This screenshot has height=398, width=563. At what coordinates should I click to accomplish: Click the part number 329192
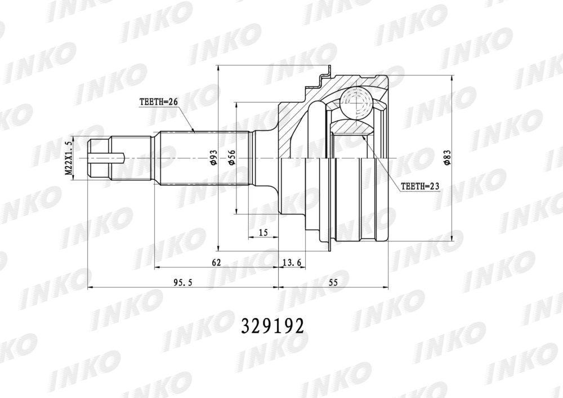[x=272, y=326]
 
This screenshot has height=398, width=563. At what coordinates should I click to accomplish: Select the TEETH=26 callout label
[x=159, y=102]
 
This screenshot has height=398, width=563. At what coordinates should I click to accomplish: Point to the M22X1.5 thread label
[x=69, y=158]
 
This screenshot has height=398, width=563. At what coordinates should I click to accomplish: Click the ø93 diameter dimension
[x=213, y=158]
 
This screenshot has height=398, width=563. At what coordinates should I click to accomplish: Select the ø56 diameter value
[x=232, y=158]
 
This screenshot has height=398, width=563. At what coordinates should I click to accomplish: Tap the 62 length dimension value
[x=216, y=262]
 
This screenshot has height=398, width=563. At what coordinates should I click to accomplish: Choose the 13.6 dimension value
[x=292, y=262]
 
